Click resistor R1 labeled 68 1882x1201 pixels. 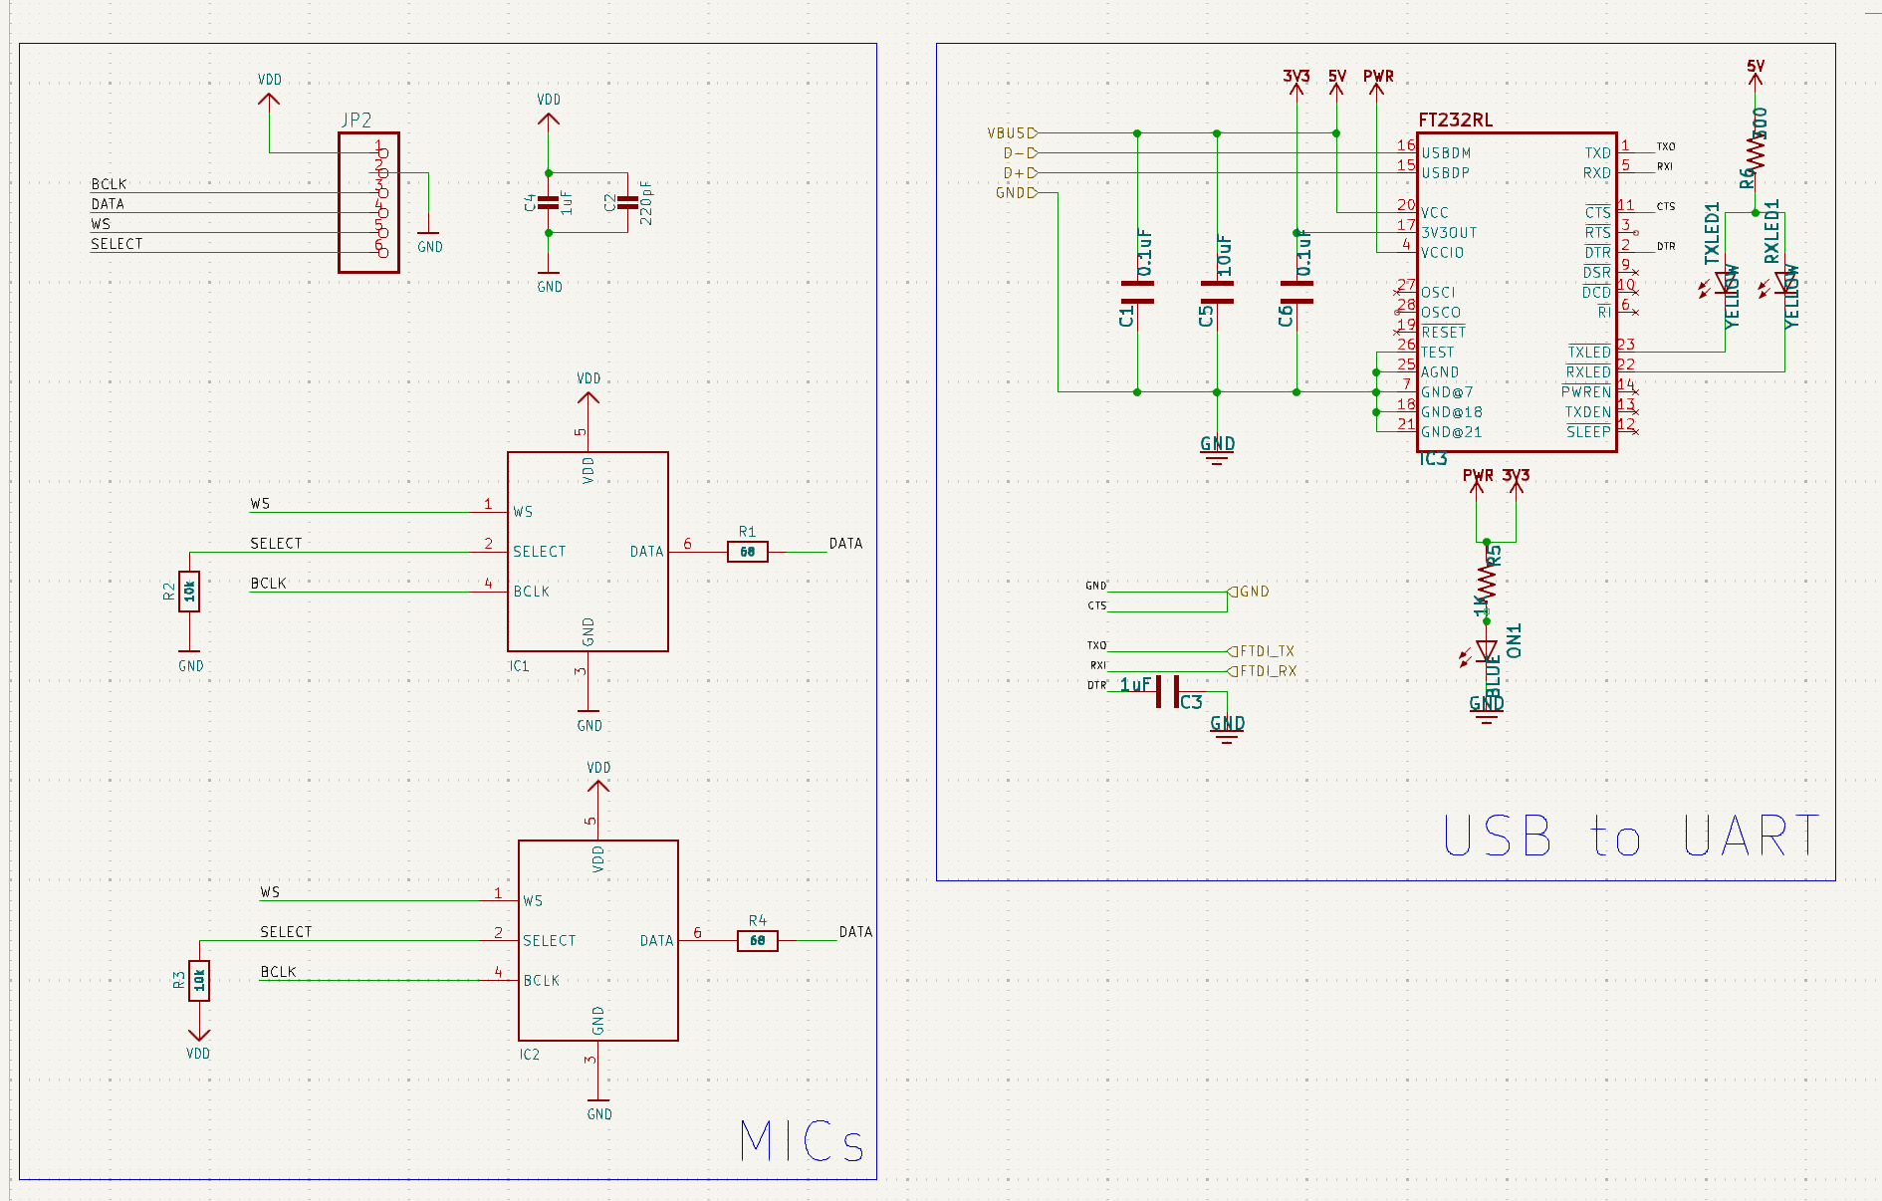[747, 552]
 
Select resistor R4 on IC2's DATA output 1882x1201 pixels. [757, 940]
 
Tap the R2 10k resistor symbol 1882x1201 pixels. [189, 592]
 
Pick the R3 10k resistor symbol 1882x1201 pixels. [199, 981]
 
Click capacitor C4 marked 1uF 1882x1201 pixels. [548, 203]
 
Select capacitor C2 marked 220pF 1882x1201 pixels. [627, 203]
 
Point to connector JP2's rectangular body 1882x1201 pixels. [368, 203]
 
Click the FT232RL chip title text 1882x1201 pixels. [1455, 120]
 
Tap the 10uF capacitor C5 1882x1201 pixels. [1217, 292]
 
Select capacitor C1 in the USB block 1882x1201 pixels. [1137, 292]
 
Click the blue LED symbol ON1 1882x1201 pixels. [1487, 651]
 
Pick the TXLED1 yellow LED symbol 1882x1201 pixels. [1726, 283]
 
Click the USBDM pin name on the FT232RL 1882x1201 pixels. [1446, 153]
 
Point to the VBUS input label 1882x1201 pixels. [1010, 132]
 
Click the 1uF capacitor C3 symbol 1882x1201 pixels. [1167, 691]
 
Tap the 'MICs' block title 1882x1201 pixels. [802, 1141]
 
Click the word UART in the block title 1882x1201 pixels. [1751, 837]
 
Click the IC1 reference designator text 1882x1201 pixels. [519, 666]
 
